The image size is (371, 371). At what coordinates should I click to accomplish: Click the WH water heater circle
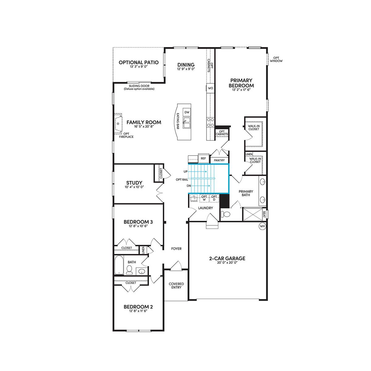point(262,226)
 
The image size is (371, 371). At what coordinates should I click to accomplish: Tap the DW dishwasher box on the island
point(187,112)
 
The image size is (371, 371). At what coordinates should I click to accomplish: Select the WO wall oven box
point(211,88)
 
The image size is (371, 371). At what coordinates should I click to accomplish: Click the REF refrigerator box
point(203,159)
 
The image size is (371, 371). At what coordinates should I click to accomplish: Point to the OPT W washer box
point(204,198)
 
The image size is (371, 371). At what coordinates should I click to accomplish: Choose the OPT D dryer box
point(214,198)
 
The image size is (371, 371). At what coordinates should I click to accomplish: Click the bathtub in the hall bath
point(119,265)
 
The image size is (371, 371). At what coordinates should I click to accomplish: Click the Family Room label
point(144,122)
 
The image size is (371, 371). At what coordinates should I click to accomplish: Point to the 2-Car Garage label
point(227,258)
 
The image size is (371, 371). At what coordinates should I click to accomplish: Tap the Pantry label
point(219,160)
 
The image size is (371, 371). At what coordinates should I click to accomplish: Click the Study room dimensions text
point(134,187)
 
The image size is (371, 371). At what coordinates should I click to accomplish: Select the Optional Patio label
point(139,62)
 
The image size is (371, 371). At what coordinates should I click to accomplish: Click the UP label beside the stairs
point(185,171)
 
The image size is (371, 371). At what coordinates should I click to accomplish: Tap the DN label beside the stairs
point(189,186)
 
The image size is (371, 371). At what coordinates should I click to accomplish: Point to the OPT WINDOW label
point(276,59)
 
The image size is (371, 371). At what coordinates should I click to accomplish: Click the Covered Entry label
point(176,286)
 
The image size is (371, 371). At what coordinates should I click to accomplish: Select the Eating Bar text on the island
point(178,121)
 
